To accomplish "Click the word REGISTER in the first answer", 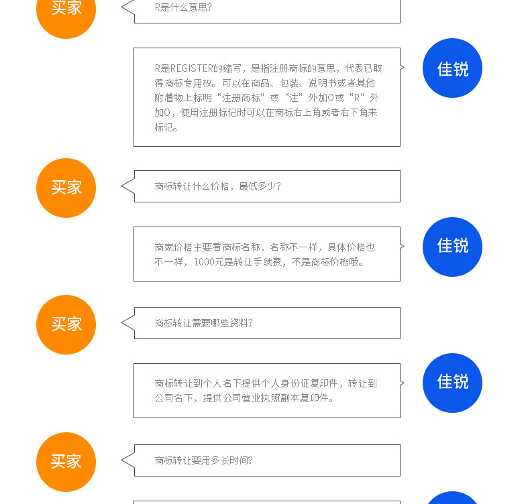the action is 191,68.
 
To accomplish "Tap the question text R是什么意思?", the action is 183,7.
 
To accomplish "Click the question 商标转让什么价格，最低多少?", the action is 217,186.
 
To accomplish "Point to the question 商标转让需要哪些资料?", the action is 203,323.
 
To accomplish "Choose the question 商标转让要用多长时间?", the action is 203,460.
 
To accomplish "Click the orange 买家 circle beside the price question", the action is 66,188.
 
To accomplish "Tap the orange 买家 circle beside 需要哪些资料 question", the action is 66,324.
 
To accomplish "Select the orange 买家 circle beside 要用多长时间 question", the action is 66,462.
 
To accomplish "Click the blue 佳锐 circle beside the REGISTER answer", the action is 452,68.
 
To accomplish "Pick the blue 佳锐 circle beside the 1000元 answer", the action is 452,246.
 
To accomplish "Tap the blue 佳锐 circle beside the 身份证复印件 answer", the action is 452,382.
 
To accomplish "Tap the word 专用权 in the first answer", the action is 197,83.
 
